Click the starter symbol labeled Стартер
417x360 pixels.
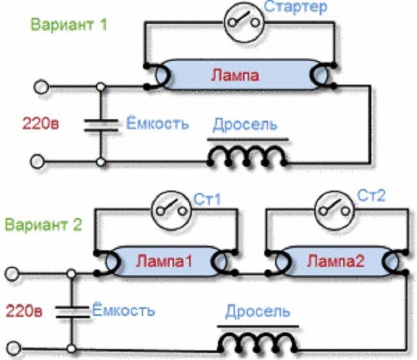(244, 22)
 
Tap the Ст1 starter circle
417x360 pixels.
(171, 210)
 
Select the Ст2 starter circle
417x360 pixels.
(334, 210)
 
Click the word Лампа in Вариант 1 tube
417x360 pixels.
(235, 75)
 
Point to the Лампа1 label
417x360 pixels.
(164, 261)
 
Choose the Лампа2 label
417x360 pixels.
(336, 261)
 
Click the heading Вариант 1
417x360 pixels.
(69, 24)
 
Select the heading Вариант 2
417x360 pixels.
(44, 225)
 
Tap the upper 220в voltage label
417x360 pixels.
(40, 123)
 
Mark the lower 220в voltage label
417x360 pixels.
(24, 311)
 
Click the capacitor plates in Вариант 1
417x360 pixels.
(101, 126)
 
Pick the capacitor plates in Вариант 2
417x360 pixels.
(72, 312)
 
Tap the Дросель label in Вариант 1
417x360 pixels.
(245, 124)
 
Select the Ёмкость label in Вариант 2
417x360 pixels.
(123, 310)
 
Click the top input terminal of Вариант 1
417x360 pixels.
(41, 87)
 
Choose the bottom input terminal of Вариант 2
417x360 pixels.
(13, 348)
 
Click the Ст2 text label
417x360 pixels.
(371, 196)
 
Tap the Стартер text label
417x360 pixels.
(296, 7)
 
